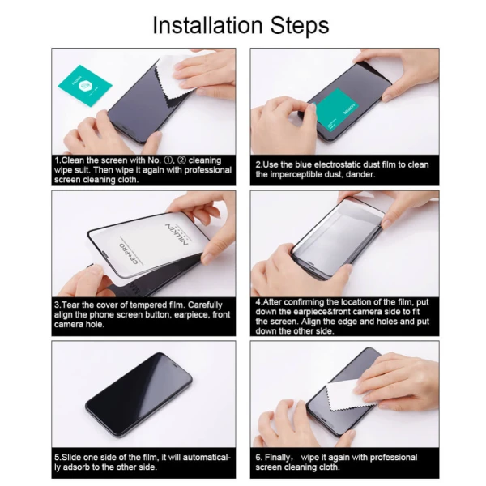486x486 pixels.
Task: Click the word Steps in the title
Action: click(299, 26)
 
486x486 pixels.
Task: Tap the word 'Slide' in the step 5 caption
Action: click(74, 457)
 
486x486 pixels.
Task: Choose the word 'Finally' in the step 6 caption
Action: click(281, 457)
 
